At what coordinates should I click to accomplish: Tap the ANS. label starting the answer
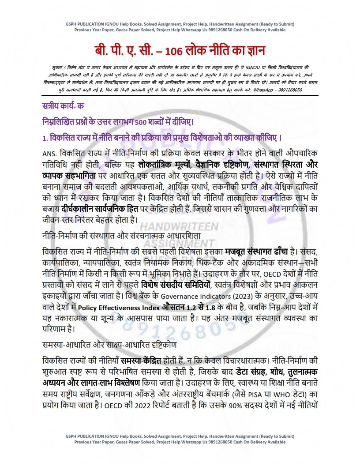click(x=50, y=153)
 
